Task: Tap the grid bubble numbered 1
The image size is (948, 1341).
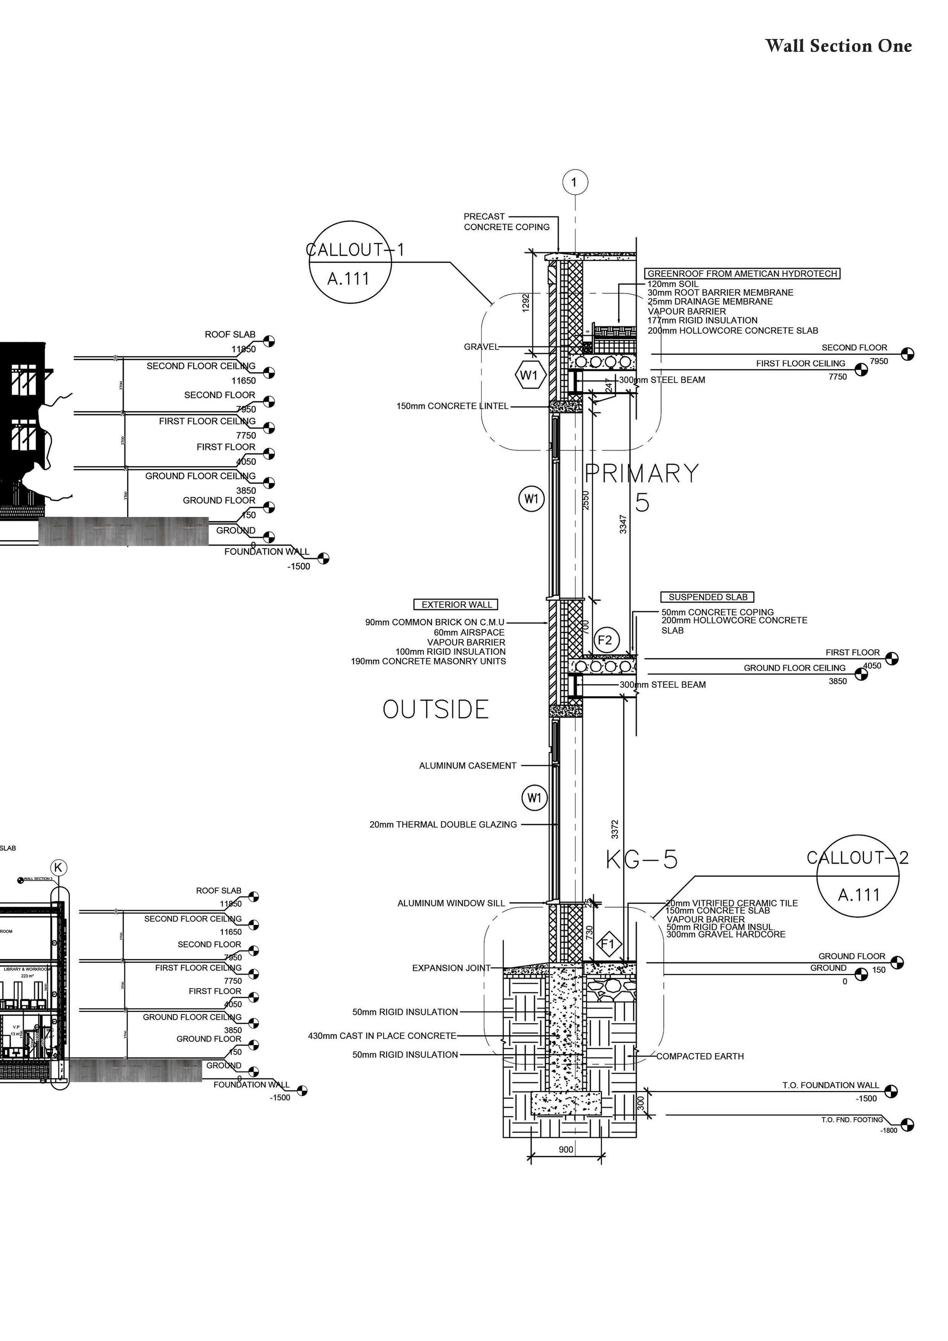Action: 575,182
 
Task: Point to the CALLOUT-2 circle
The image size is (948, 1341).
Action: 857,876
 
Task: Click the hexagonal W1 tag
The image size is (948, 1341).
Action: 531,375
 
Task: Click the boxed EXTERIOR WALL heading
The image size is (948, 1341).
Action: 456,605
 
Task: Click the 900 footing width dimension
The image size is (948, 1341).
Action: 566,1149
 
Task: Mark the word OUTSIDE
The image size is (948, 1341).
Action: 435,710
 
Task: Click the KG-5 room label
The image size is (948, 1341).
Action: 641,859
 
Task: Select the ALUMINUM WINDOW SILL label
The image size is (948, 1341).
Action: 451,903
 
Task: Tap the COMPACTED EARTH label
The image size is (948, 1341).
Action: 700,1056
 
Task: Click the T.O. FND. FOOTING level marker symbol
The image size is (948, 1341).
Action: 907,1124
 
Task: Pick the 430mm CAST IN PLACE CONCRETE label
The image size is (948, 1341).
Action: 382,1035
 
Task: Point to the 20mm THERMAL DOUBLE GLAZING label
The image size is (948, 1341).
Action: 443,825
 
